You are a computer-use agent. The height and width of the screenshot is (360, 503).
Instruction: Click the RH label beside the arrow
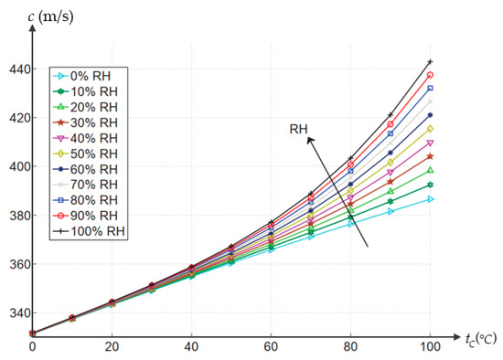click(x=298, y=130)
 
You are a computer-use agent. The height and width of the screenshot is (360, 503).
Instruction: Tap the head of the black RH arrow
click(x=309, y=139)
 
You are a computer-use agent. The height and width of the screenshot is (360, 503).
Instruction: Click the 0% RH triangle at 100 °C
click(x=430, y=199)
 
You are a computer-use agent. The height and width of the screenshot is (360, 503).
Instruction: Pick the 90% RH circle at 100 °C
click(x=430, y=75)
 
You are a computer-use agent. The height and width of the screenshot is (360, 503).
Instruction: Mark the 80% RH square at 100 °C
click(x=430, y=88)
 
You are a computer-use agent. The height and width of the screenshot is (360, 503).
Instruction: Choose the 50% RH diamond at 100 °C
click(x=430, y=129)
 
